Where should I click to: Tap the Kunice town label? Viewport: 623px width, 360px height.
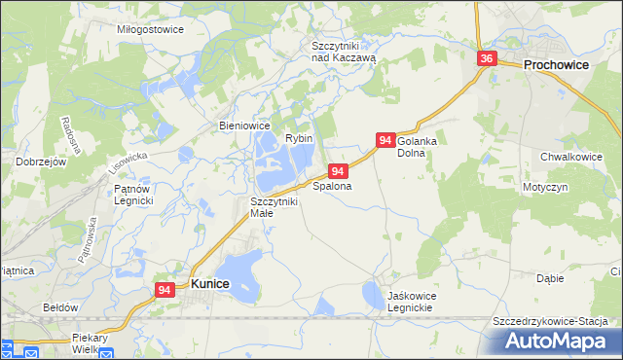210,283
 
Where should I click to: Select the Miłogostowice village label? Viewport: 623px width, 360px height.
150,29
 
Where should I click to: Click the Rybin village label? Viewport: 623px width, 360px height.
299,138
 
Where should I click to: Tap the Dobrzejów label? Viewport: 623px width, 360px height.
41,162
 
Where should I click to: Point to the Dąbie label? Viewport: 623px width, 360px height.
550,278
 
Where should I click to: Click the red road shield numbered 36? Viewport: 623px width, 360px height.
488,59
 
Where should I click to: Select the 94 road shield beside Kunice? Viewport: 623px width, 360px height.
165,289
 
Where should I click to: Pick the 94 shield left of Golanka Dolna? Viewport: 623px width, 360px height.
385,141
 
